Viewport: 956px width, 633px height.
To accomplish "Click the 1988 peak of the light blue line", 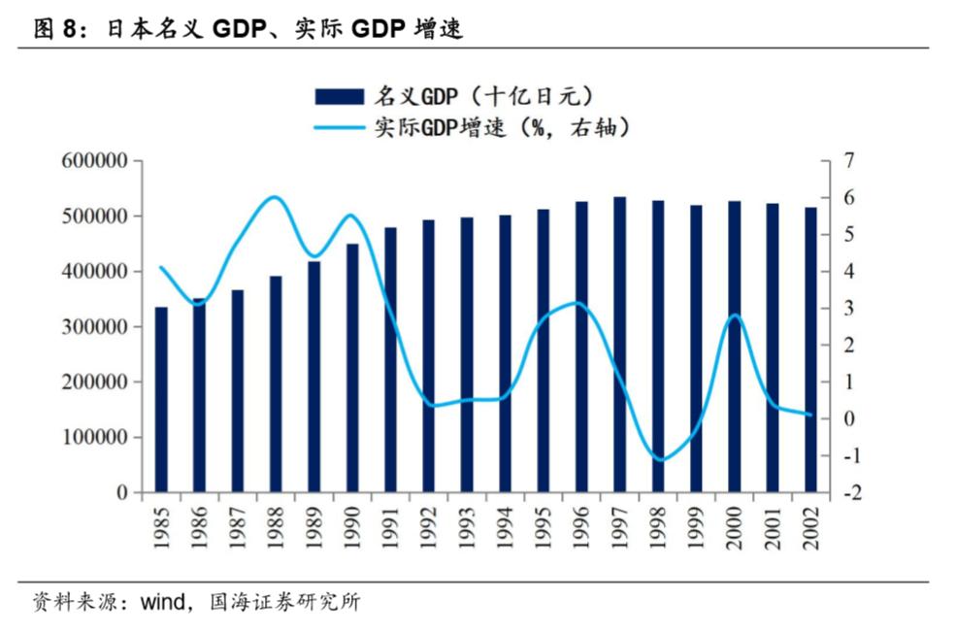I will (275, 197).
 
